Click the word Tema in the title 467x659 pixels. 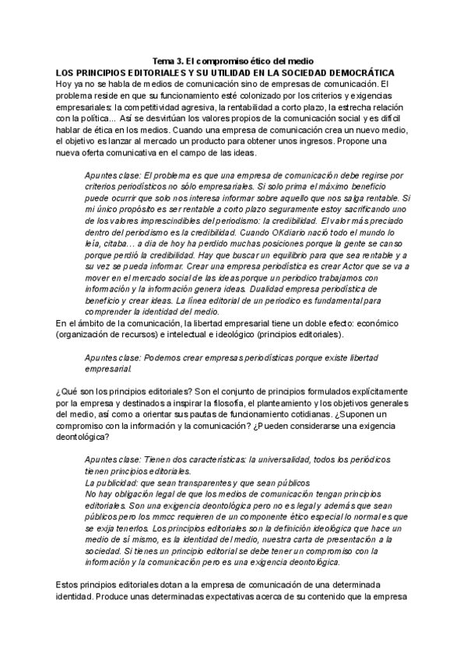click(x=163, y=61)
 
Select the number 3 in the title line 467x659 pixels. click(x=181, y=61)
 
